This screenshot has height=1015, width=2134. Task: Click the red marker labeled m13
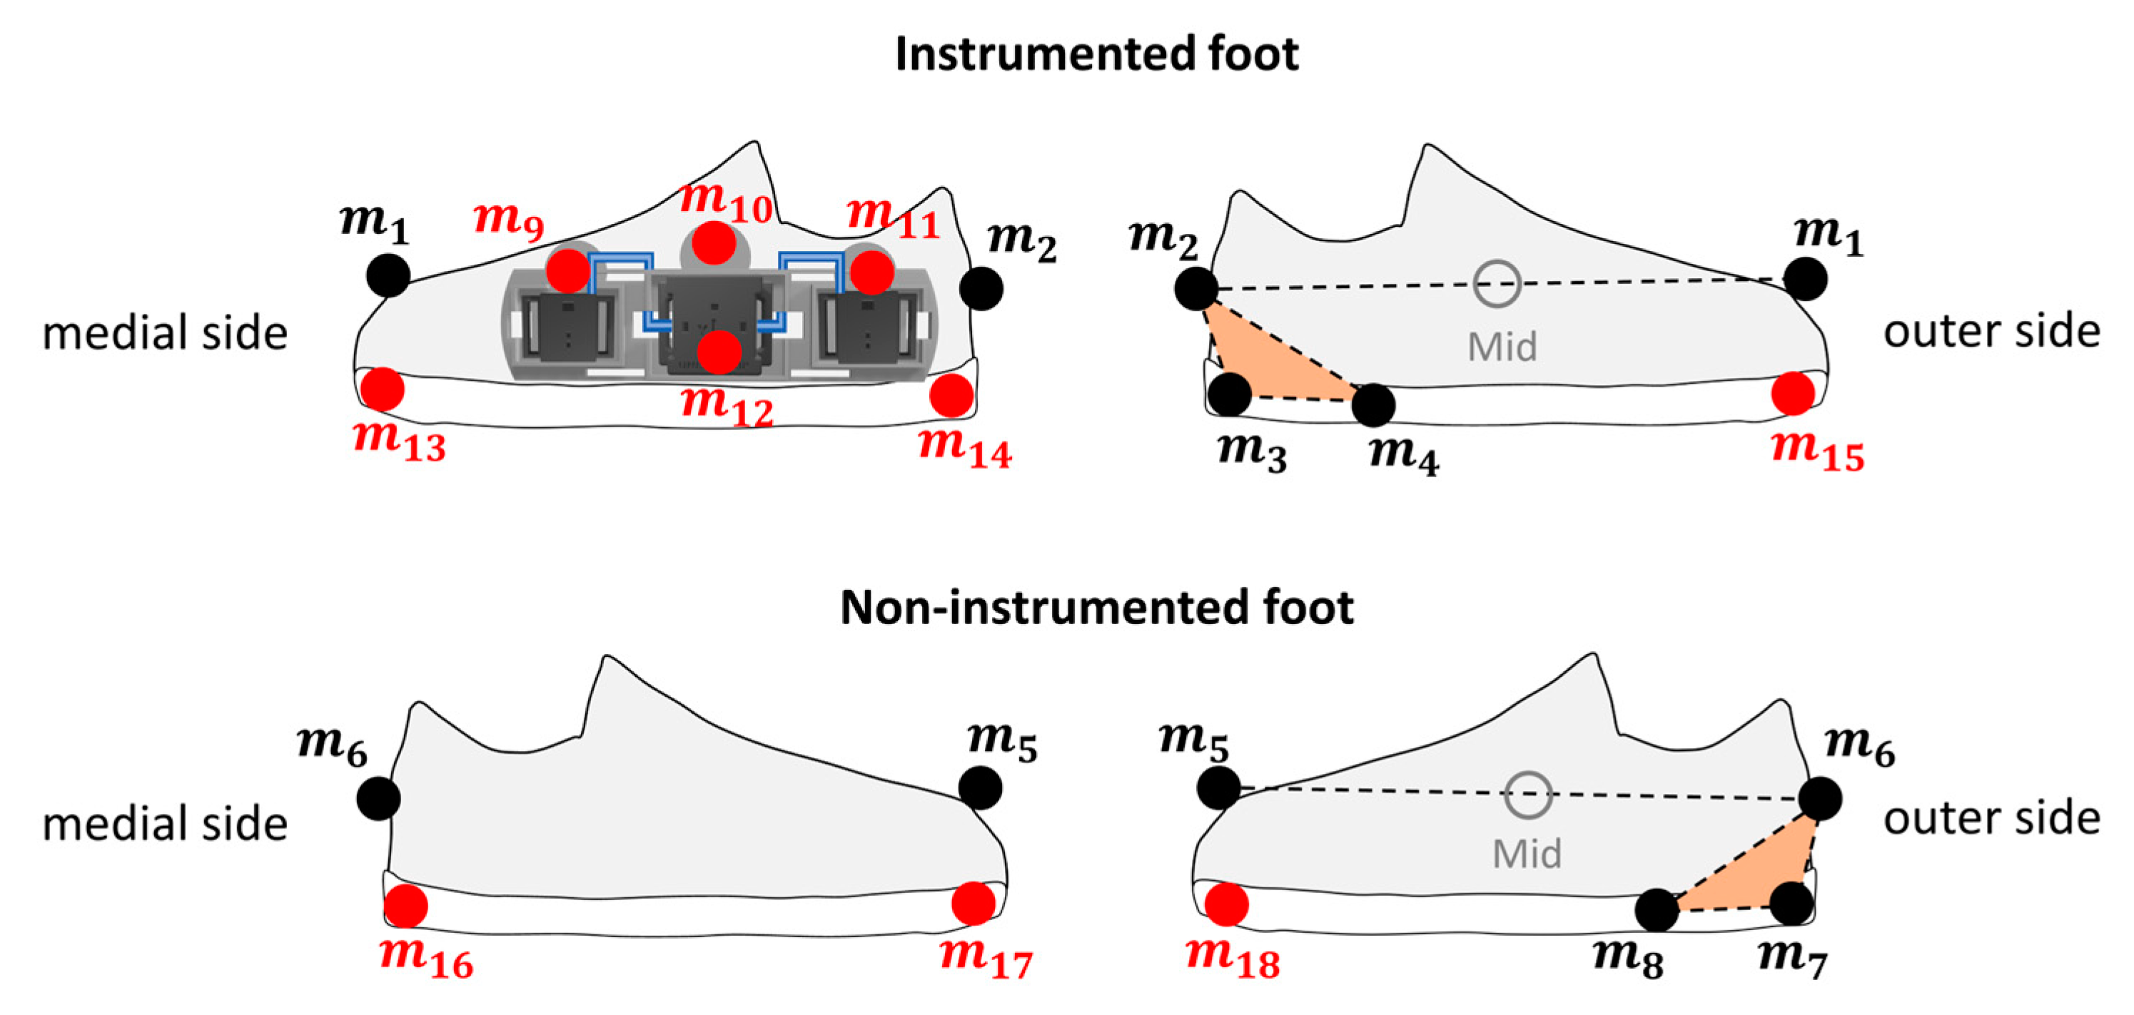(382, 389)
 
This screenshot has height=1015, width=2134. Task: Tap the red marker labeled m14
(951, 395)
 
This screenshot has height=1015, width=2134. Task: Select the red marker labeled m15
(1793, 393)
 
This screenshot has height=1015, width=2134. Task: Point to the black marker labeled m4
(1372, 405)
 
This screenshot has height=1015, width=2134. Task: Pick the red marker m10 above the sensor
(713, 243)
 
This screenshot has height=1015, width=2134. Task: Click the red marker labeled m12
(718, 352)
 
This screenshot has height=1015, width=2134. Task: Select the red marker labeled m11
(871, 272)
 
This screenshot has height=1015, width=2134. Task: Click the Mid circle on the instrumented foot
(1497, 283)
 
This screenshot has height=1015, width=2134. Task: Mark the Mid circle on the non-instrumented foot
(1527, 795)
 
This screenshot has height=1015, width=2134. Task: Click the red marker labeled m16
(406, 906)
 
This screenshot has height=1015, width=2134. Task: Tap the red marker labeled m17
(974, 903)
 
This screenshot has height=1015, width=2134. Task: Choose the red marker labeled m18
(1226, 904)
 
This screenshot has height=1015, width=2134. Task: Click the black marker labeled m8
(1657, 910)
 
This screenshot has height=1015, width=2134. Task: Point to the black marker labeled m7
(1791, 903)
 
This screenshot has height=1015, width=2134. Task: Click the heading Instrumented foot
(1096, 55)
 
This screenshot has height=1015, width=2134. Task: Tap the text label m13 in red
(399, 439)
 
